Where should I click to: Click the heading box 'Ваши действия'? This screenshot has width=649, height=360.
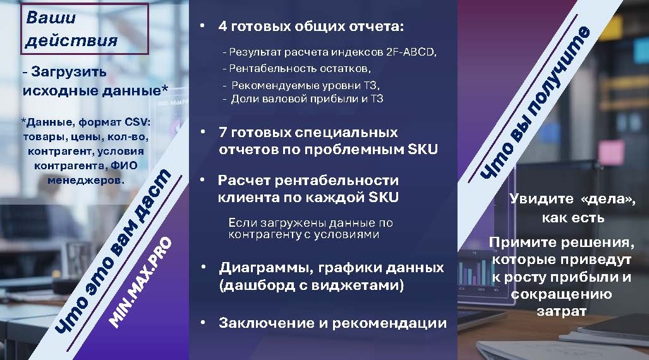tap(85, 28)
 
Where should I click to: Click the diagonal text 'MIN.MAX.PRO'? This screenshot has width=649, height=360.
tap(141, 283)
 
